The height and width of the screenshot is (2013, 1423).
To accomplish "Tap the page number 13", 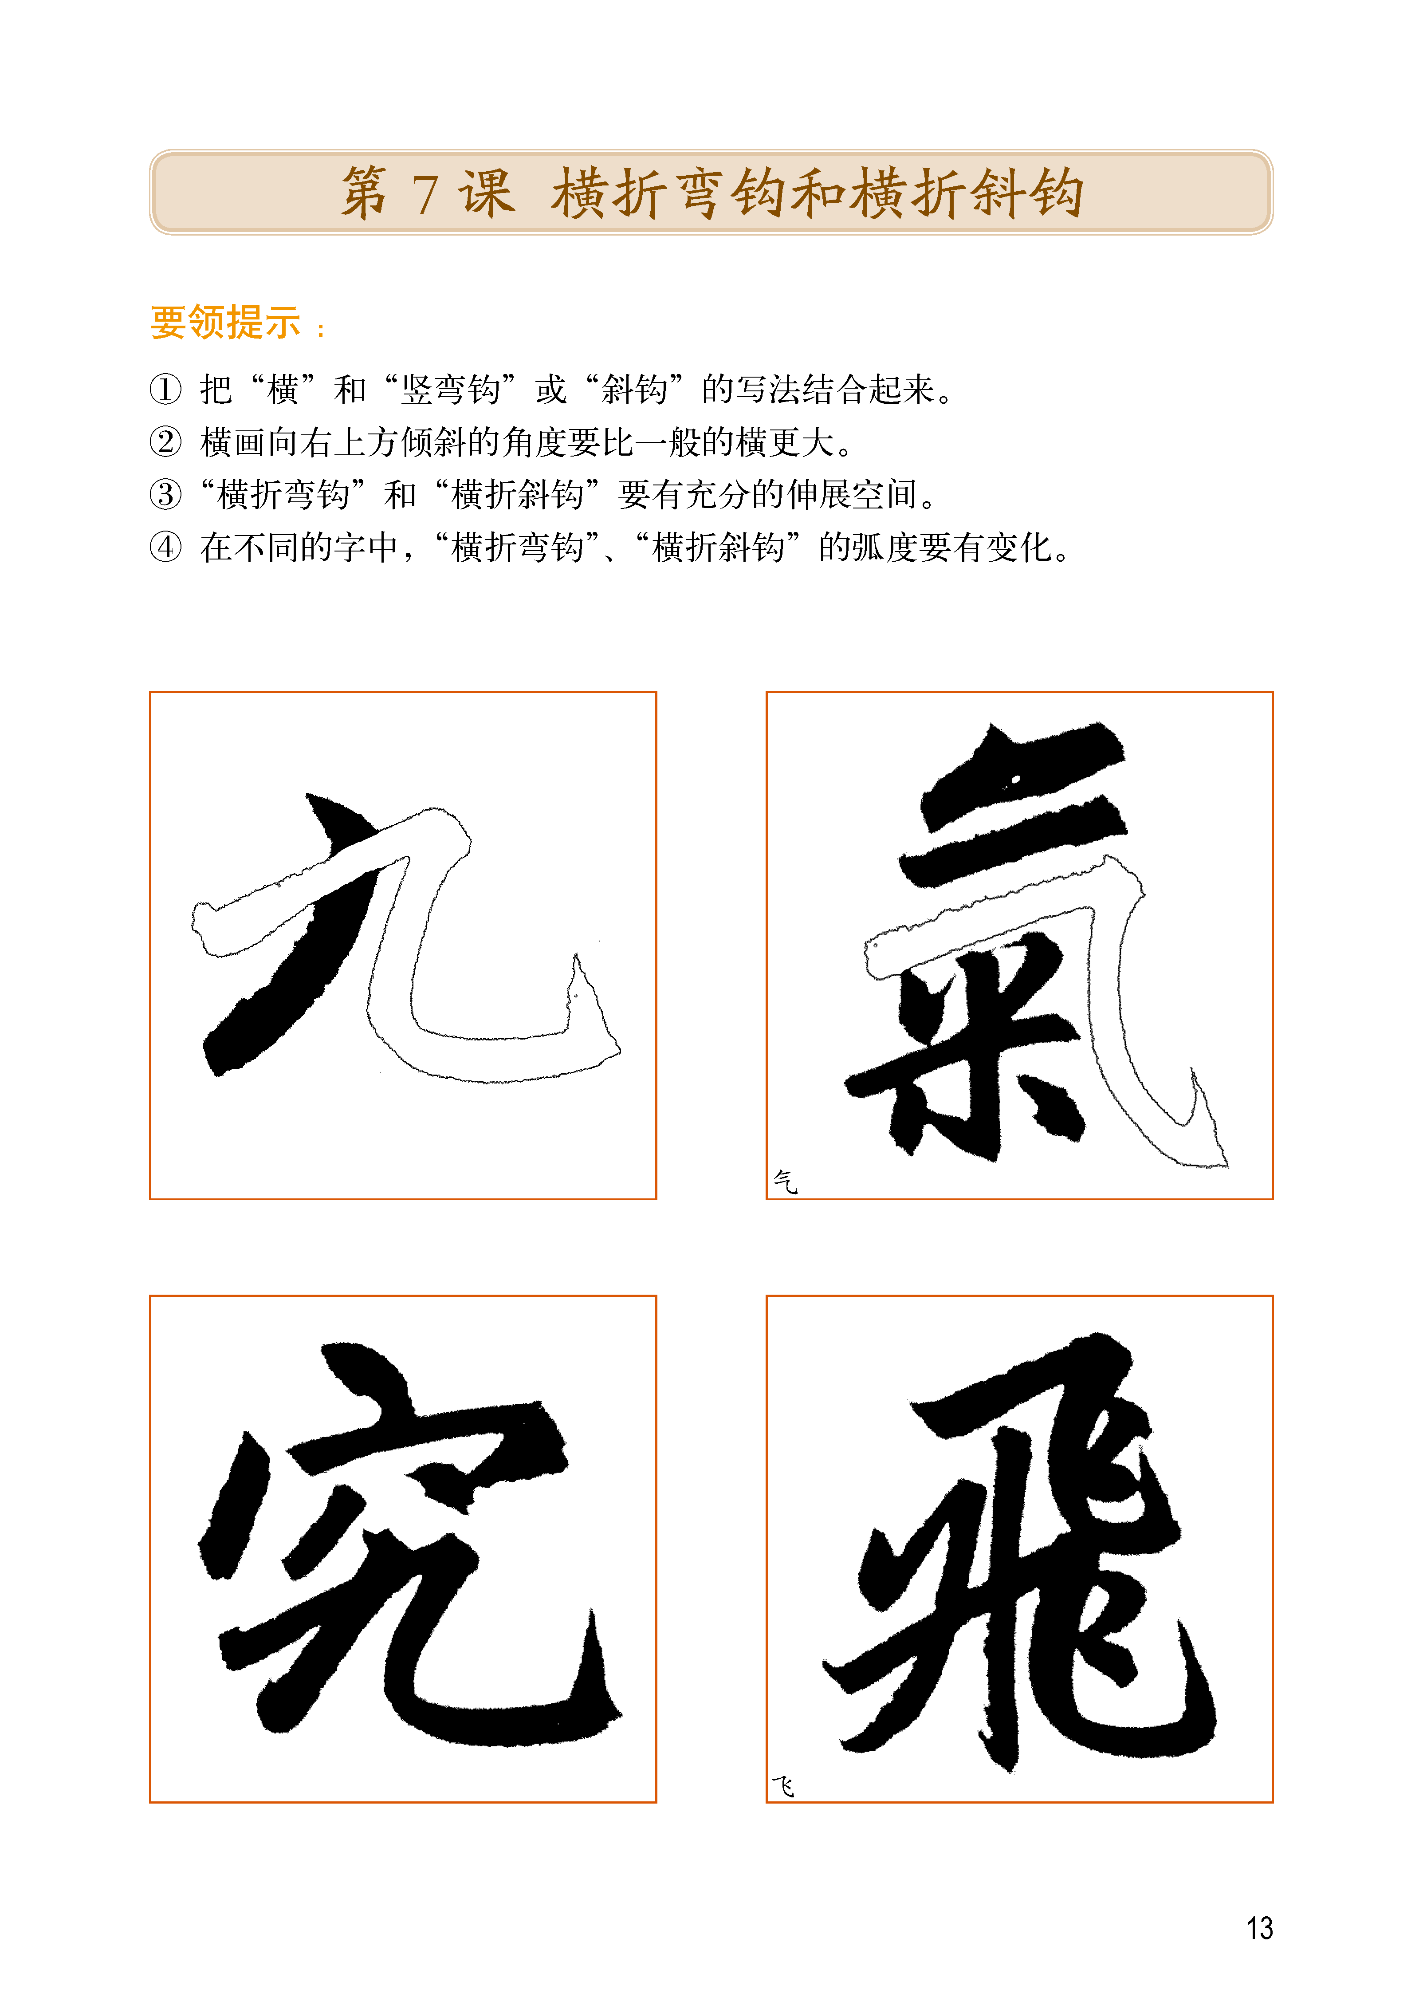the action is pos(1259,1928).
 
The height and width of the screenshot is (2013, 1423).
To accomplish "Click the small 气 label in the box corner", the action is pos(785,1181).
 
